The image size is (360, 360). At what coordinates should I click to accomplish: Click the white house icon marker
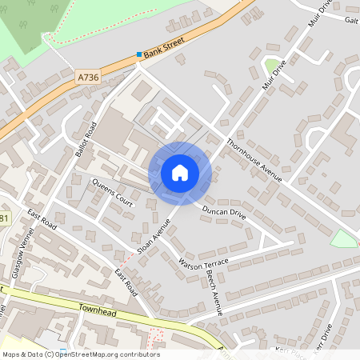[180, 173]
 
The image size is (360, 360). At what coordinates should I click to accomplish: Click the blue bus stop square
[139, 55]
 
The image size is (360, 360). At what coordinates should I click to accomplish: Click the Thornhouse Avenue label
[254, 161]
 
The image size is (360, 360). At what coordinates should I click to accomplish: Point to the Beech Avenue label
[215, 289]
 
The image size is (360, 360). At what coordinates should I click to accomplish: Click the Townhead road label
[98, 309]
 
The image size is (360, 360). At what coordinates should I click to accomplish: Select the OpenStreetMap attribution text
[80, 354]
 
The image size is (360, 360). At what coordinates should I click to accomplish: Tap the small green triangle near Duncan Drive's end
[344, 238]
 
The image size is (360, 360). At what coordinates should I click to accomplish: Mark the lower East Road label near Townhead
[125, 282]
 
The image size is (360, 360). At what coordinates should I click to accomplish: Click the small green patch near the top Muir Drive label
[272, 66]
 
